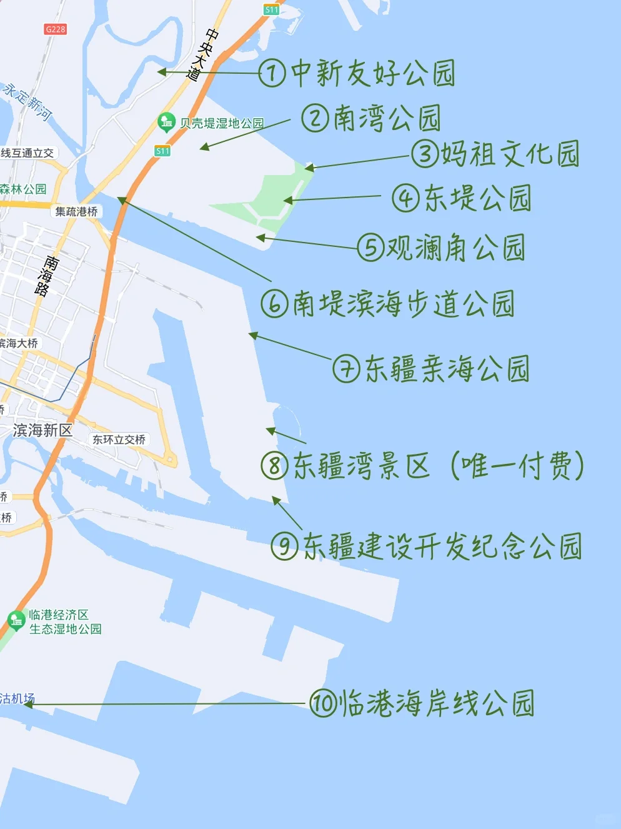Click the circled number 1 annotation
pyautogui.click(x=272, y=73)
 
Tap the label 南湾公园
pyautogui.click(x=387, y=118)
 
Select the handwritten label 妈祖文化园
pyautogui.click(x=510, y=154)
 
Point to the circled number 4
pyautogui.click(x=405, y=198)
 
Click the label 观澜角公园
pyautogui.click(x=455, y=248)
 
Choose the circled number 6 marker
pyautogui.click(x=274, y=304)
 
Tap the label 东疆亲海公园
pyautogui.click(x=447, y=368)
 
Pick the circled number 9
pyautogui.click(x=284, y=546)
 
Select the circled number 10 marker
pyautogui.click(x=324, y=703)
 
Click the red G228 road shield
pyautogui.click(x=55, y=29)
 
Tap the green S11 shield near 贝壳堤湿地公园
pyautogui.click(x=162, y=151)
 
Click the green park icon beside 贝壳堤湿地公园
pyautogui.click(x=166, y=122)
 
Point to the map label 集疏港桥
pyautogui.click(x=76, y=211)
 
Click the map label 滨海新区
pyautogui.click(x=42, y=430)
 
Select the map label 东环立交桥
pyautogui.click(x=119, y=440)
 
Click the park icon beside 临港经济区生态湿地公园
pyautogui.click(x=16, y=620)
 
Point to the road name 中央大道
pyautogui.click(x=203, y=55)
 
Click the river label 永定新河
pyautogui.click(x=27, y=100)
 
